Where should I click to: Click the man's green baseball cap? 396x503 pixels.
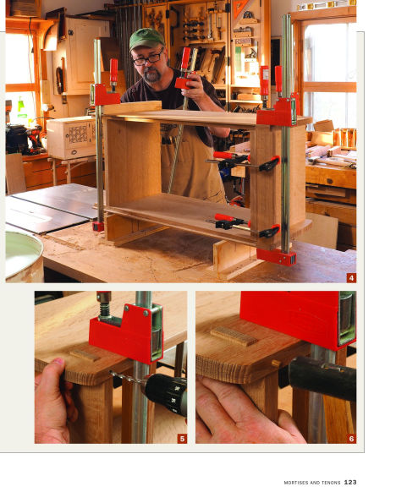click(x=146, y=38)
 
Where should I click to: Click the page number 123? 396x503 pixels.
click(x=350, y=483)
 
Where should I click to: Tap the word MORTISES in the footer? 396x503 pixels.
click(x=298, y=483)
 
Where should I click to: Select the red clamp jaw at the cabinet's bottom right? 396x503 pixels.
click(x=276, y=256)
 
